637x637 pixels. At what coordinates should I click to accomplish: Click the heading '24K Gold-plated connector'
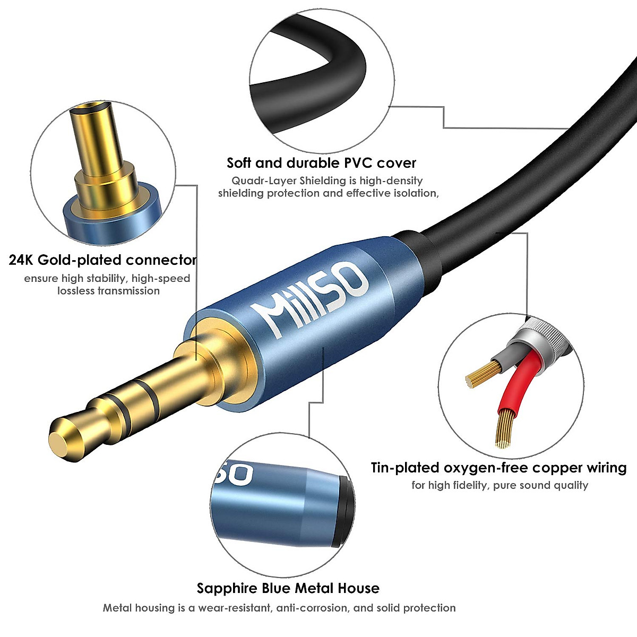click(x=102, y=260)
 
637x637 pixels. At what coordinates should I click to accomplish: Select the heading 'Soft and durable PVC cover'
click(x=321, y=162)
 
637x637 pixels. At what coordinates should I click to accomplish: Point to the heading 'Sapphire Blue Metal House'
click(x=288, y=588)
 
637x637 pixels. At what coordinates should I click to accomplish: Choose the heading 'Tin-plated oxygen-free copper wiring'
click(x=498, y=468)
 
